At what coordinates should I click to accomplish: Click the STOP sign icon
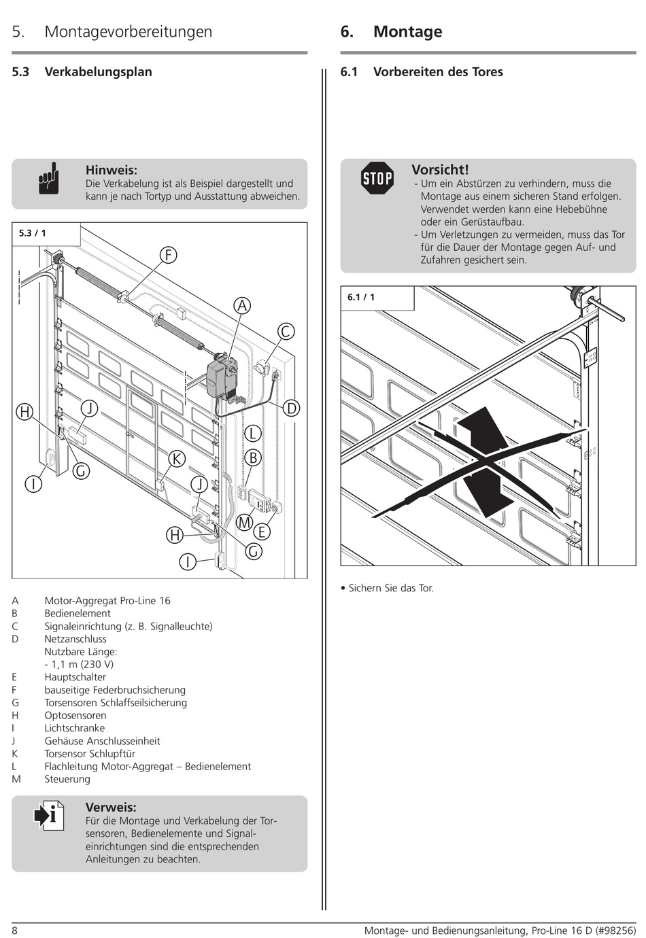tap(377, 178)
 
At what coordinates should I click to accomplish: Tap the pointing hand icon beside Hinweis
tap(49, 179)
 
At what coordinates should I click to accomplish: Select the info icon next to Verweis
tap(50, 814)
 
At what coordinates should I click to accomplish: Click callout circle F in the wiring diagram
tap(168, 255)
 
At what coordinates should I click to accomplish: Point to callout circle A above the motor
tap(241, 306)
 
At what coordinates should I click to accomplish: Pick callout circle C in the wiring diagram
tap(286, 331)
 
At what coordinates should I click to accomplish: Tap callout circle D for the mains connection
tap(291, 408)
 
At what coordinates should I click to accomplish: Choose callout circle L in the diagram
tap(253, 434)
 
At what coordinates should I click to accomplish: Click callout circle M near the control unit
tap(244, 523)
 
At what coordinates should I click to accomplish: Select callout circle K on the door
tap(177, 459)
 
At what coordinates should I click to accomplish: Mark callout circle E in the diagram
tap(261, 532)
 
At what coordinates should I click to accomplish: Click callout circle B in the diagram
tap(253, 457)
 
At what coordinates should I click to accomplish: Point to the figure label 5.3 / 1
tap(33, 233)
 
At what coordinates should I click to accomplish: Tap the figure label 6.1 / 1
tap(361, 297)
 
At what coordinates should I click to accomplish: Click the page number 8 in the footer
tap(14, 931)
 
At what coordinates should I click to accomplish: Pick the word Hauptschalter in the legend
tap(75, 677)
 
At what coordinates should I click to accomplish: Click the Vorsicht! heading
tap(440, 170)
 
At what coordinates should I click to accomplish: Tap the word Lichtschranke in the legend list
tap(75, 728)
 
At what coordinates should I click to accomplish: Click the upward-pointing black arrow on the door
tap(482, 428)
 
